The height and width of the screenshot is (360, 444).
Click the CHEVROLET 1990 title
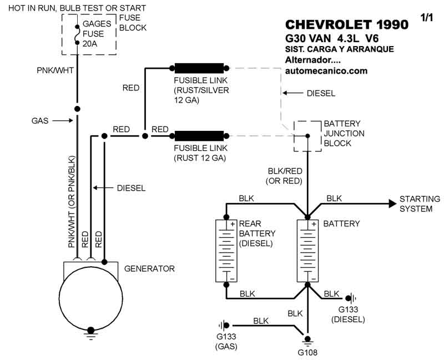[346, 26]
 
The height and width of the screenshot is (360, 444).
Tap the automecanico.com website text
[326, 71]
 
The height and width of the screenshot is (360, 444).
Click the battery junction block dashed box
[307, 136]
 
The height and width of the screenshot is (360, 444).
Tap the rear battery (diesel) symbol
[226, 250]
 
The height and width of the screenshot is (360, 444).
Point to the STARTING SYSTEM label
[420, 204]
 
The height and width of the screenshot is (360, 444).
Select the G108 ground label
[306, 352]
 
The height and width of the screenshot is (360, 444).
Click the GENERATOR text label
[149, 268]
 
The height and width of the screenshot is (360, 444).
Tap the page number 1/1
[427, 18]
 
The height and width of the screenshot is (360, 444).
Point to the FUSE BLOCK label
[134, 23]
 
